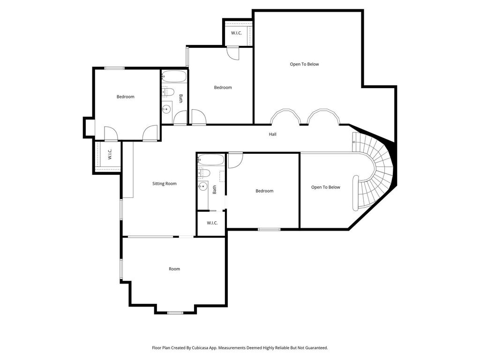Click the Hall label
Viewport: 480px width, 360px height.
(x=272, y=134)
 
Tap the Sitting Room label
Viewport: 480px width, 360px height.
(x=165, y=184)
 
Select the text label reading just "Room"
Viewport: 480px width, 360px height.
(x=174, y=269)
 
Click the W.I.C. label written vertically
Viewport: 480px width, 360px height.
(x=110, y=154)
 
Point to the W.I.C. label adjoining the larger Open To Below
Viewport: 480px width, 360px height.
(x=236, y=33)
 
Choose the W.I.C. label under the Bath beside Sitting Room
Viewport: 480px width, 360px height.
(x=212, y=223)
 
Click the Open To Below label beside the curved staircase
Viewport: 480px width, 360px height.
(x=325, y=187)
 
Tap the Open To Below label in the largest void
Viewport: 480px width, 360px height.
(x=304, y=64)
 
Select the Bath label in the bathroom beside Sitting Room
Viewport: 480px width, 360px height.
(x=214, y=190)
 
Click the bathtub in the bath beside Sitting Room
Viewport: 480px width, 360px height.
(x=211, y=159)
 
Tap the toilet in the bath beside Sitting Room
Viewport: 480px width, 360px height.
(x=204, y=173)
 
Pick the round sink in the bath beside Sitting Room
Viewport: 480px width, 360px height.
(x=202, y=186)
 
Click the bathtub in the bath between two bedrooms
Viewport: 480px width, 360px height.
(x=174, y=76)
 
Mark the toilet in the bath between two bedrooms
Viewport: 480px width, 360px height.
(x=168, y=91)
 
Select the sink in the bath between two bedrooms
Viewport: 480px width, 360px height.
(x=166, y=109)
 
